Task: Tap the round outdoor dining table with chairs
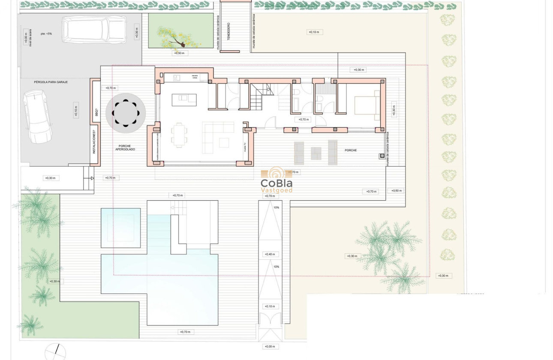(x=126, y=113)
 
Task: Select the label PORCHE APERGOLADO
(x=125, y=147)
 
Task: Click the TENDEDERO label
(x=229, y=32)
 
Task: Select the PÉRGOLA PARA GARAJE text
(x=48, y=81)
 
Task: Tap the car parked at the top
(x=94, y=30)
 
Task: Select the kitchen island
(x=184, y=100)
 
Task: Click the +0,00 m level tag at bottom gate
(x=269, y=346)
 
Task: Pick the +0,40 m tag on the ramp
(x=270, y=254)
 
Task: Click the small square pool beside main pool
(x=121, y=228)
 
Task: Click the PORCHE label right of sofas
(x=351, y=150)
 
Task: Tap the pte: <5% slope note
(x=46, y=33)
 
